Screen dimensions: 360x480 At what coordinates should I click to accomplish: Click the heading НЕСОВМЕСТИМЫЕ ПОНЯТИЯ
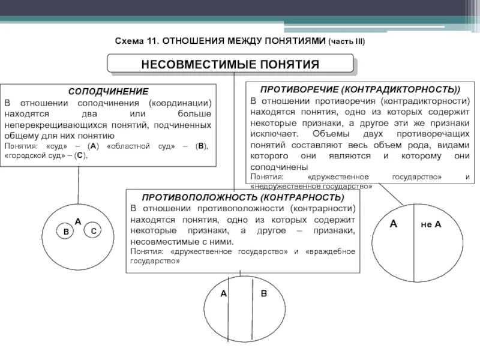click(230, 64)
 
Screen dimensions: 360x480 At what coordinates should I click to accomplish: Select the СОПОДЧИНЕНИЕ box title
click(108, 92)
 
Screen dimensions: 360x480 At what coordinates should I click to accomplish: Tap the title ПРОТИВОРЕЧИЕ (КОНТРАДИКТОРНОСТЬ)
click(356, 89)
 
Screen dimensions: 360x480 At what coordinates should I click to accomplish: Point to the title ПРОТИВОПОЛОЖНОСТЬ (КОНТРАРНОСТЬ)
click(243, 197)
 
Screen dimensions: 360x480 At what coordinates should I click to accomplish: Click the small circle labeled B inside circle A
click(65, 231)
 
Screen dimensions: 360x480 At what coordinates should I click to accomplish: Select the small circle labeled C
click(93, 230)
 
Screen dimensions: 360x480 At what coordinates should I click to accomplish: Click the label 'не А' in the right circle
click(430, 224)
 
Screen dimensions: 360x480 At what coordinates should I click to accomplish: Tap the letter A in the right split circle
click(394, 224)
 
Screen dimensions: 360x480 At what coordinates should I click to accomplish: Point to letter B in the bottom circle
click(263, 294)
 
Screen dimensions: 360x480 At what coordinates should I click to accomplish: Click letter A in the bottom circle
click(223, 294)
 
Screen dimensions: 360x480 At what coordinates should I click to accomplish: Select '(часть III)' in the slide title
click(346, 41)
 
